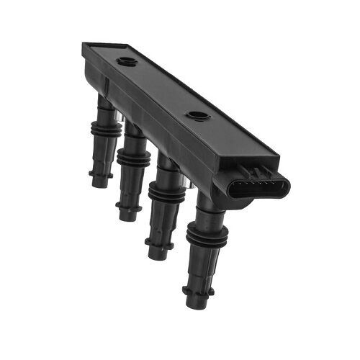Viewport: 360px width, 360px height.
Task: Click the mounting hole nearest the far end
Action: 127,61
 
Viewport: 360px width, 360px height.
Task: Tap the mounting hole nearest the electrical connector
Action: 196,115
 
